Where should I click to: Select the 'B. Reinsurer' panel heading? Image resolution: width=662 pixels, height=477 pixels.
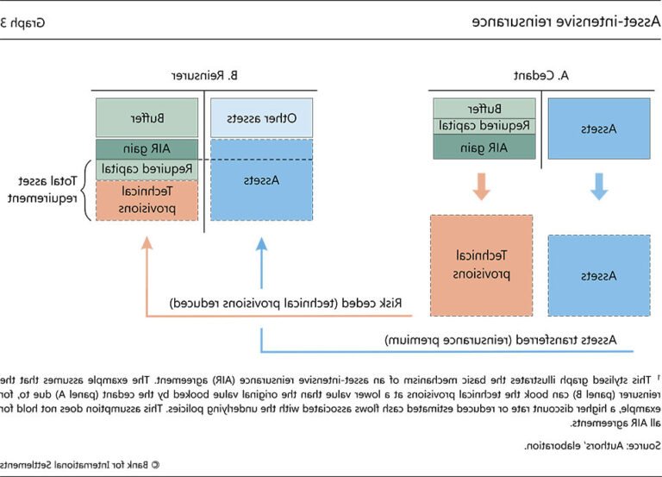203,76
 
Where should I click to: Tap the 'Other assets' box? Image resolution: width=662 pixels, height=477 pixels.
262,118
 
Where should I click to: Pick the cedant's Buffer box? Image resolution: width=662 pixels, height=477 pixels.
483,109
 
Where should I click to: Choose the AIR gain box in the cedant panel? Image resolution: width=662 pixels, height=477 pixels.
483,147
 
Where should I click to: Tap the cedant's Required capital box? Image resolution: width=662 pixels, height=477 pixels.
483,126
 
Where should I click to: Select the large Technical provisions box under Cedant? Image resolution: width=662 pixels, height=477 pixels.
483,266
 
